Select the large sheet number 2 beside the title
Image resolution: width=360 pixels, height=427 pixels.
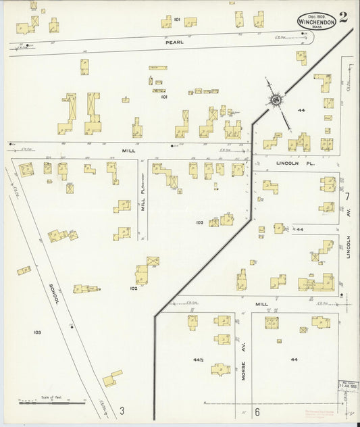[344, 18]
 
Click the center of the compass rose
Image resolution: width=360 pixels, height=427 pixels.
[276, 101]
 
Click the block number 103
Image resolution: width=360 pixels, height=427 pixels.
[36, 332]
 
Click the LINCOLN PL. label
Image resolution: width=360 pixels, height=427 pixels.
[292, 164]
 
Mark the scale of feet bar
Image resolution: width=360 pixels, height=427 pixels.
[52, 402]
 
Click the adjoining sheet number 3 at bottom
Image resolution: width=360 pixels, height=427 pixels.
[122, 411]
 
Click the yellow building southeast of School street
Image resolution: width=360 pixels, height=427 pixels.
[113, 378]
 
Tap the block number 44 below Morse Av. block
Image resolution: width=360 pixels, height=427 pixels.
[294, 359]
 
